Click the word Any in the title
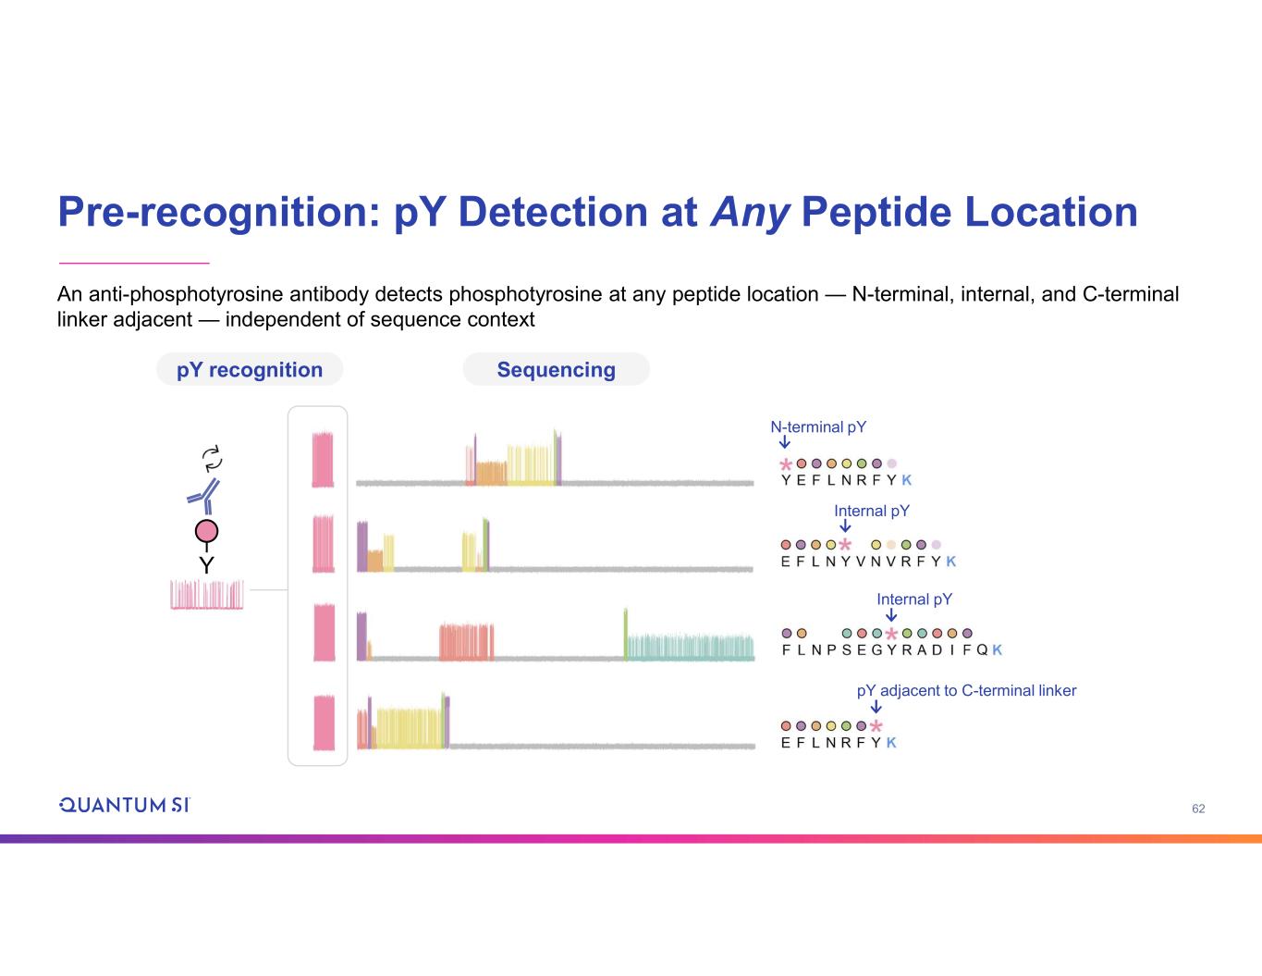tap(750, 212)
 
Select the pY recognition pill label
tap(250, 370)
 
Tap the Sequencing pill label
tap(556, 370)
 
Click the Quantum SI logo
tap(124, 805)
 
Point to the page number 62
tap(1198, 809)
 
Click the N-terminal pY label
tap(818, 427)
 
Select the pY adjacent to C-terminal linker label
tap(966, 691)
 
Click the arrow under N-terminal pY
tap(785, 444)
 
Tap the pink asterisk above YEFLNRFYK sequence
tap(786, 464)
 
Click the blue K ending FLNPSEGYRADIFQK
tap(997, 650)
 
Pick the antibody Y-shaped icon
tap(204, 496)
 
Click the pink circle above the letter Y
tap(206, 532)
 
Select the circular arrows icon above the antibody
tap(213, 457)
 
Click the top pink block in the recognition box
tap(323, 460)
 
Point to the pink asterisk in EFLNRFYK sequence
tap(876, 727)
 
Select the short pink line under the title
tap(134, 263)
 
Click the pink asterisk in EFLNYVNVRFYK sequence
tap(845, 546)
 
